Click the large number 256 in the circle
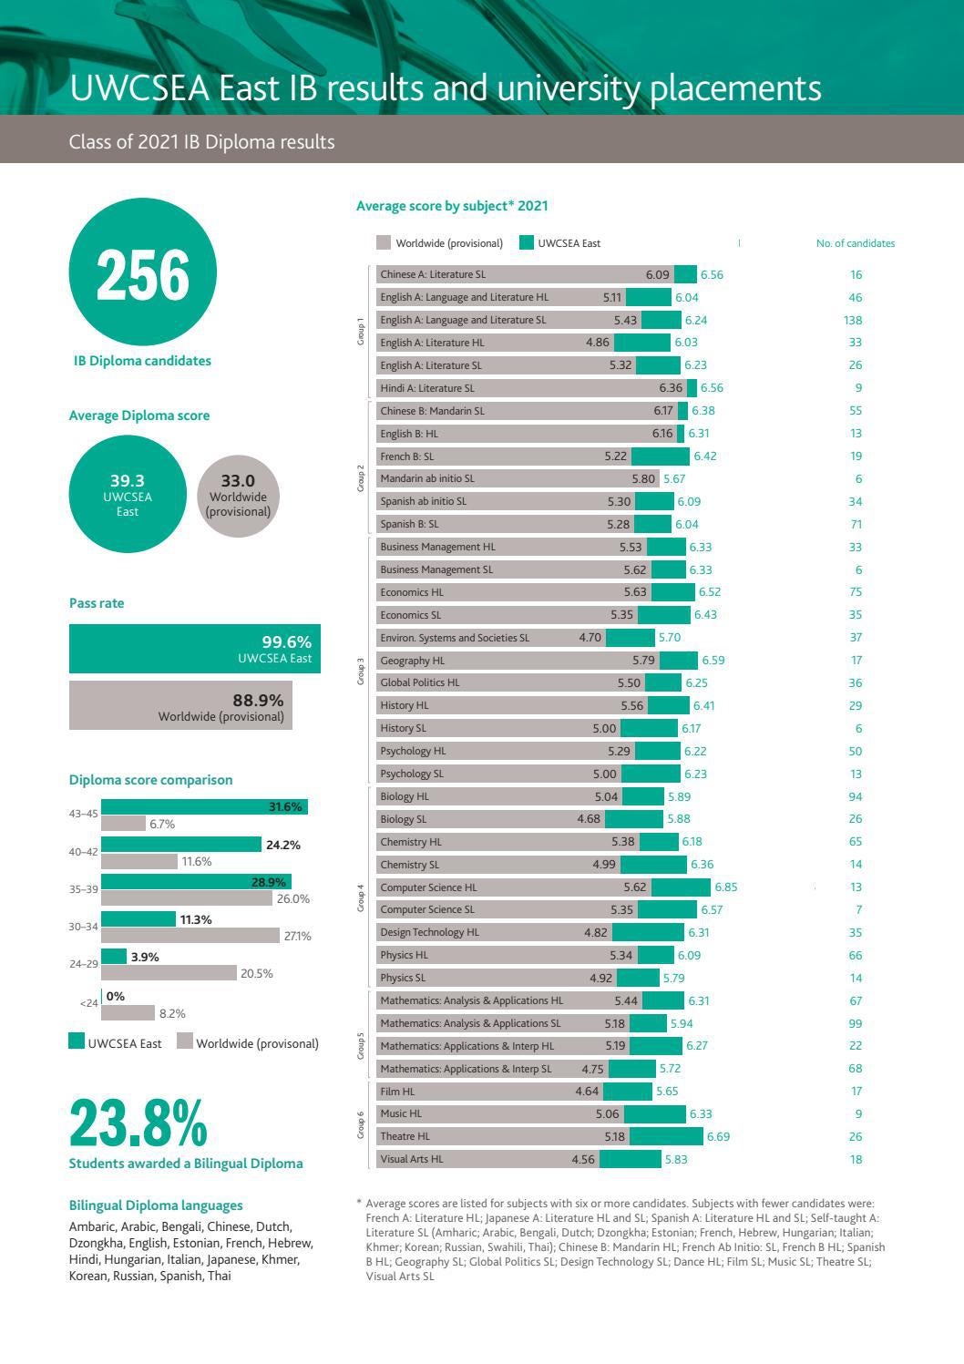pyautogui.click(x=142, y=275)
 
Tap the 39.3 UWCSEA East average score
pyautogui.click(x=128, y=481)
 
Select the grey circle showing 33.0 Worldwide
pyautogui.click(x=238, y=495)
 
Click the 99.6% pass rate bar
pyautogui.click(x=195, y=649)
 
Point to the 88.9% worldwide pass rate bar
pyautogui.click(x=180, y=705)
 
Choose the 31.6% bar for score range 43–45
pyautogui.click(x=204, y=807)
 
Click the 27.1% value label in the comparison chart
pyautogui.click(x=297, y=936)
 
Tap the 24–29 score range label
pyautogui.click(x=83, y=963)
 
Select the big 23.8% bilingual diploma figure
pyautogui.click(x=138, y=1123)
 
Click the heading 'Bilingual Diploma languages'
pyautogui.click(x=156, y=1205)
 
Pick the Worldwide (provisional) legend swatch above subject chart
pyautogui.click(x=385, y=243)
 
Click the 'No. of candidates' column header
pyautogui.click(x=855, y=243)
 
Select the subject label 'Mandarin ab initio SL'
pyautogui.click(x=427, y=478)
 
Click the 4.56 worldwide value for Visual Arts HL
pyautogui.click(x=583, y=1159)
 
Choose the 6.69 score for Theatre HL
pyautogui.click(x=718, y=1136)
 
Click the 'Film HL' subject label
pyautogui.click(x=397, y=1091)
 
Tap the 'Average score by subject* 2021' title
pyautogui.click(x=452, y=206)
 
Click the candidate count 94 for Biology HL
pyautogui.click(x=855, y=796)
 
